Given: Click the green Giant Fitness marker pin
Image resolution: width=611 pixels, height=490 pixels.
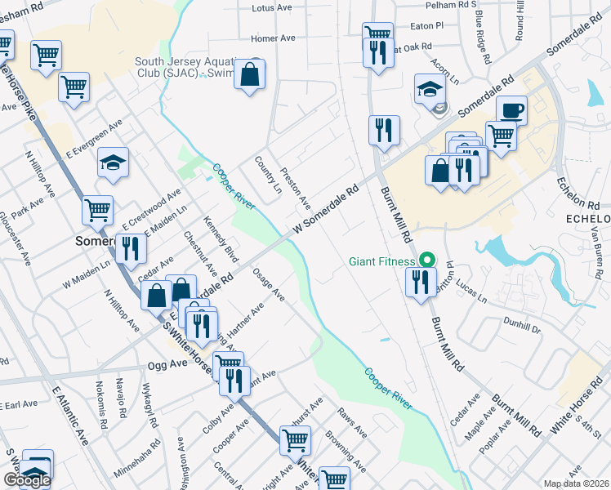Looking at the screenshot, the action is click(x=426, y=261).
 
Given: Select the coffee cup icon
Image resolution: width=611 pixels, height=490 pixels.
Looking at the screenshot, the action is click(x=511, y=109).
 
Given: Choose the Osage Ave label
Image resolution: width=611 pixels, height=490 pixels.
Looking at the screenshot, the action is click(x=268, y=283).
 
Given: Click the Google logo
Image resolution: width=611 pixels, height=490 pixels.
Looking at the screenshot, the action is click(x=26, y=480).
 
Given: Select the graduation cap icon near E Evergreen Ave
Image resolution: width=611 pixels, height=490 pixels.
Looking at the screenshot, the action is click(x=114, y=163).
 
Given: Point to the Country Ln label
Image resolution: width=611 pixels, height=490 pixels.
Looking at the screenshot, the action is click(x=268, y=175).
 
